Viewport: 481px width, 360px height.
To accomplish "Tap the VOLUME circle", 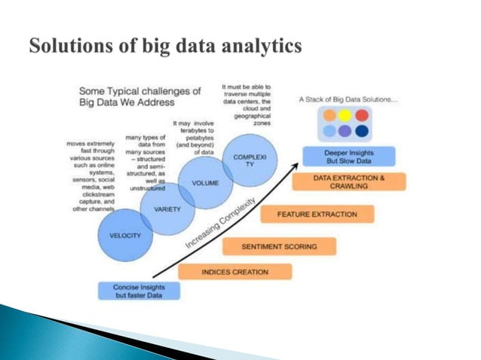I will coord(204,183).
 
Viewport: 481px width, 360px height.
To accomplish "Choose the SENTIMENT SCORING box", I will coord(278,246).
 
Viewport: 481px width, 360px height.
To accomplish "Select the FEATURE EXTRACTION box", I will coord(317,215).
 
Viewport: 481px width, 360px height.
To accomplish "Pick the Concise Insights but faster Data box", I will coord(139,290).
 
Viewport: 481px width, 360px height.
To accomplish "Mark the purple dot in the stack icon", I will coord(346,131).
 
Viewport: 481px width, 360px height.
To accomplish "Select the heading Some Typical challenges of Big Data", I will coord(139,96).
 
